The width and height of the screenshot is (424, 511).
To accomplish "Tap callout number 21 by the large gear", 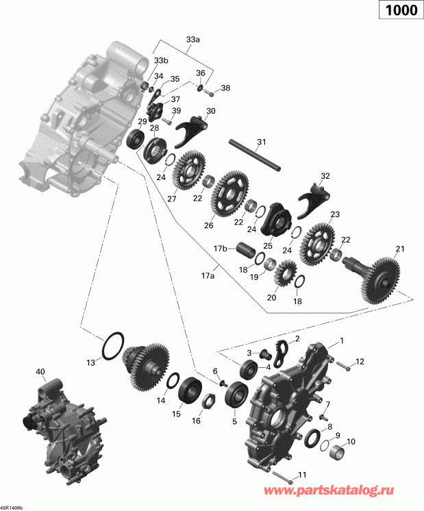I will click(x=400, y=248).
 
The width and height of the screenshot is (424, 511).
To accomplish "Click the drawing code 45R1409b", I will click(x=12, y=508).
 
